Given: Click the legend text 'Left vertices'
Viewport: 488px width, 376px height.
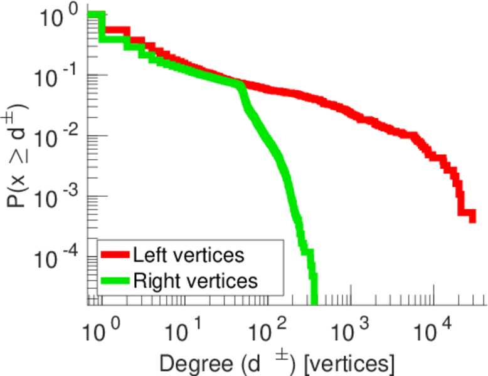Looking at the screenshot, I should tap(188, 255).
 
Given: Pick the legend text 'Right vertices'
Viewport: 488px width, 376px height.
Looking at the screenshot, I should tap(194, 281).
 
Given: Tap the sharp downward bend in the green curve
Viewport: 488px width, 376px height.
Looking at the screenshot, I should tap(240, 88).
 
